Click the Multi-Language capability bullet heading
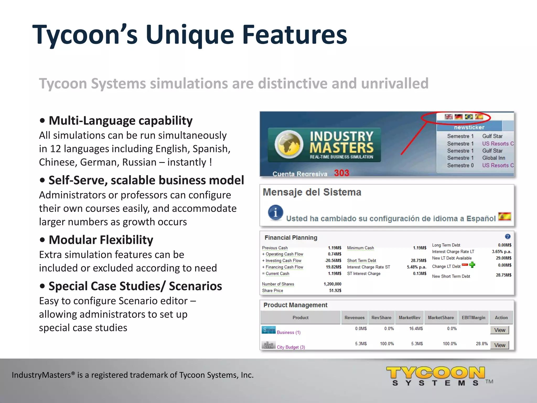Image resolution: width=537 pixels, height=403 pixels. pyautogui.click(x=121, y=121)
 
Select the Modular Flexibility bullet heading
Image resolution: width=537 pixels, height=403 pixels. pyautogui.click(x=101, y=240)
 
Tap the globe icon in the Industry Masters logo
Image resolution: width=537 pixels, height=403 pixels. pyautogui.click(x=289, y=144)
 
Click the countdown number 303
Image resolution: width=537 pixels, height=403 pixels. pyautogui.click(x=341, y=173)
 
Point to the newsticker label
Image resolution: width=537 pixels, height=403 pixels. pyautogui.click(x=469, y=127)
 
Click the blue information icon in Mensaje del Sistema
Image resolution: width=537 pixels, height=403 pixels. pyautogui.click(x=275, y=212)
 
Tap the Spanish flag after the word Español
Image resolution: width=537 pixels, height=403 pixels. pyautogui.click(x=504, y=216)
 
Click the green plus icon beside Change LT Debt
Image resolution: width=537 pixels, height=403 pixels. pyautogui.click(x=472, y=265)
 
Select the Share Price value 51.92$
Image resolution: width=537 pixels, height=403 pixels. pyautogui.click(x=335, y=290)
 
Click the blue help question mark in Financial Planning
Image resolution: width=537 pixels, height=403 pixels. pyautogui.click(x=508, y=236)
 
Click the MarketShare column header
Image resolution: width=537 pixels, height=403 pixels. pyautogui.click(x=441, y=317)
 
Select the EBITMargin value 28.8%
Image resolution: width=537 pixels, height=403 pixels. pyautogui.click(x=482, y=344)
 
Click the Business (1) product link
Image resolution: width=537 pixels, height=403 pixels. pyautogui.click(x=288, y=332)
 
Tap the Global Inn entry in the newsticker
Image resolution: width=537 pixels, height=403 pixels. pyautogui.click(x=493, y=158)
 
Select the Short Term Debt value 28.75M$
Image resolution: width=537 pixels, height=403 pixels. pyautogui.click(x=418, y=261)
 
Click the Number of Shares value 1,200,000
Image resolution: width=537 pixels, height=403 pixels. pyautogui.click(x=332, y=284)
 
